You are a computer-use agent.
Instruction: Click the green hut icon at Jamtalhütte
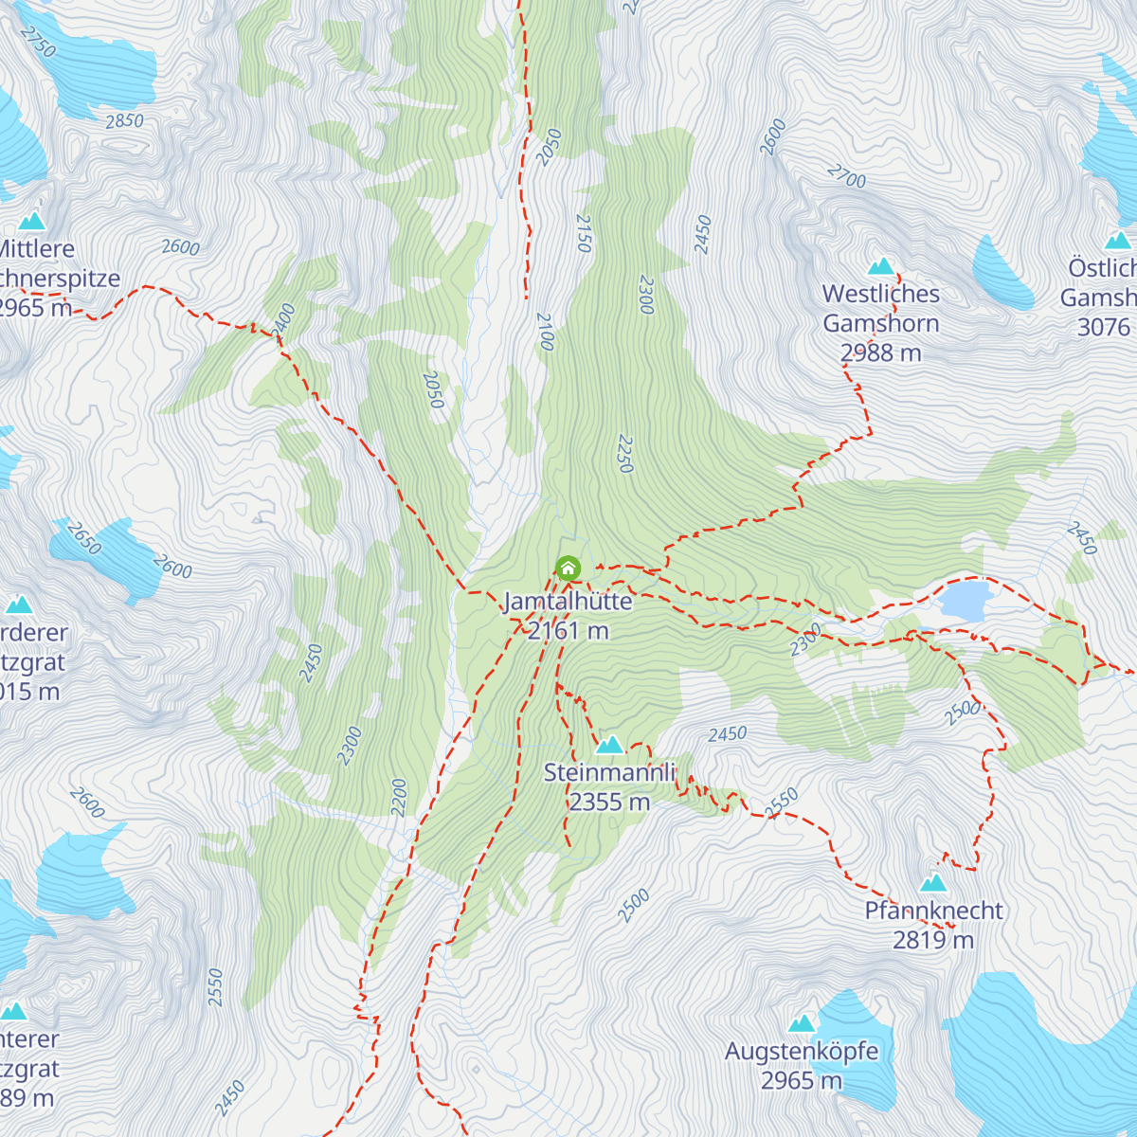[568, 568]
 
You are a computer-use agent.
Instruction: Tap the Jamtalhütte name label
[568, 602]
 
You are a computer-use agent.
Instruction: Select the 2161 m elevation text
[568, 630]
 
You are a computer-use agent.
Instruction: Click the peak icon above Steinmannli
[609, 745]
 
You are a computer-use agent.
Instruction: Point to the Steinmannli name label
[609, 772]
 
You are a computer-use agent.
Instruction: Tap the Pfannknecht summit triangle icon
[933, 883]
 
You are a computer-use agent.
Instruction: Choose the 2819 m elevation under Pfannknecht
[933, 940]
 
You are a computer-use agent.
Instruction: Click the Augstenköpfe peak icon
[802, 1023]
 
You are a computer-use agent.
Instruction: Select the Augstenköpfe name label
[802, 1052]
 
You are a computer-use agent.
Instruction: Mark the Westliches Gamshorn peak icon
[881, 266]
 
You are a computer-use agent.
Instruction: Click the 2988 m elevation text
[881, 352]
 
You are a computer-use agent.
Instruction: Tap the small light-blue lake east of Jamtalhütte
[965, 601]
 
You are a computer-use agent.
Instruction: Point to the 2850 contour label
[124, 121]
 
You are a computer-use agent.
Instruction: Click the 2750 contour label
[38, 42]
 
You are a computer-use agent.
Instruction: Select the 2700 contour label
[846, 176]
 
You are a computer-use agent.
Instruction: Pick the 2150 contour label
[583, 233]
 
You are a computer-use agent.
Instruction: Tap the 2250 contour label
[623, 454]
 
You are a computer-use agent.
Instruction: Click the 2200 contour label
[399, 797]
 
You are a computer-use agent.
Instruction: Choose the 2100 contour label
[544, 332]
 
